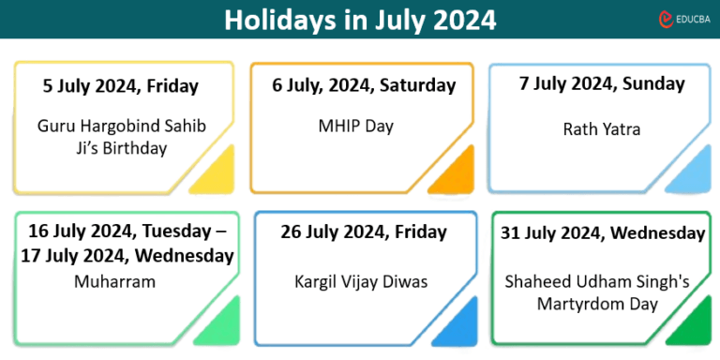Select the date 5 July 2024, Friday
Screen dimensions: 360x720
(121, 86)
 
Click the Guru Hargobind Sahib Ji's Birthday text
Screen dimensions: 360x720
(121, 136)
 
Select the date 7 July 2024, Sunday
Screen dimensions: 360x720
(602, 84)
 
